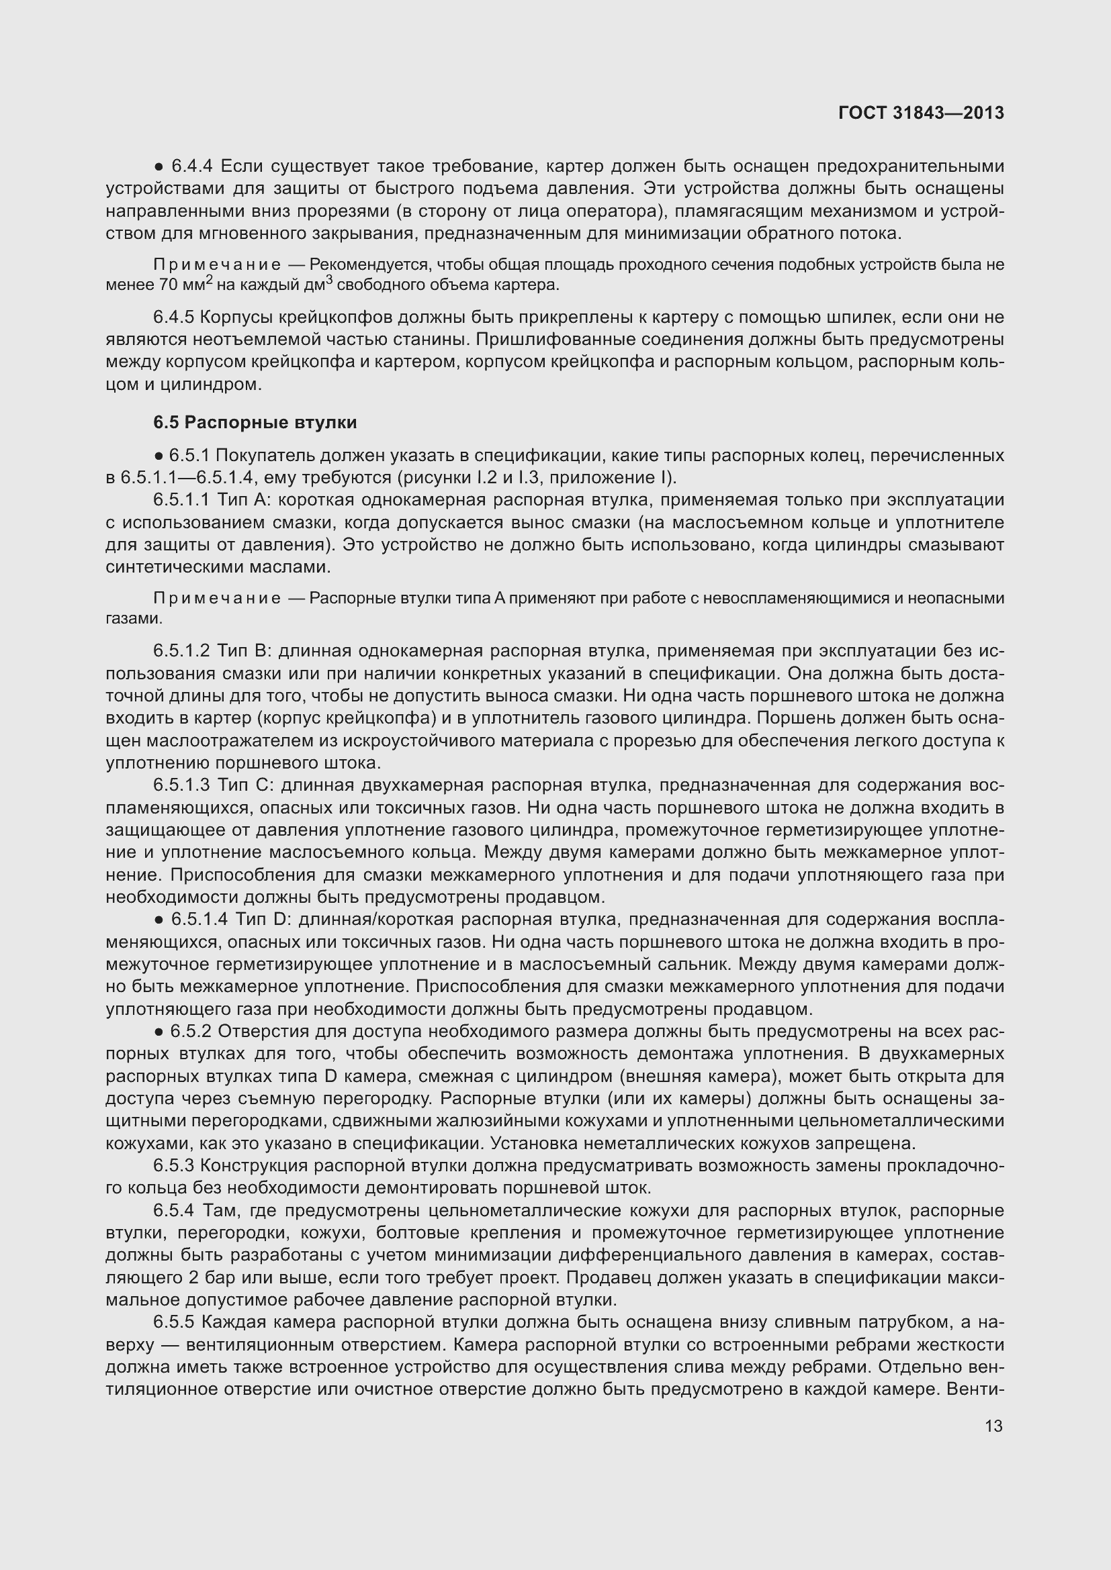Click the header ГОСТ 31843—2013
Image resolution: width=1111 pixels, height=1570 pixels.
[x=921, y=113]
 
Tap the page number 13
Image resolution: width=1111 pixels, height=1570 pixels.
[x=993, y=1426]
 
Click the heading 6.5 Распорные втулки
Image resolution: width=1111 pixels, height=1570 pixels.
[x=255, y=423]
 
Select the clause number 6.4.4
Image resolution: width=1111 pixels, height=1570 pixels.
[x=191, y=166]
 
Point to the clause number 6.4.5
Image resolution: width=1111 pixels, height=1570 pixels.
[x=174, y=317]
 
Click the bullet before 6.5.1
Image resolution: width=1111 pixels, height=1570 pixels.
[x=158, y=456]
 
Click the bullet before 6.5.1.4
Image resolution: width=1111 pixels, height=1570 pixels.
[x=158, y=920]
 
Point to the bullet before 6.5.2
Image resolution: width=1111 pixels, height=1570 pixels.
[x=158, y=1032]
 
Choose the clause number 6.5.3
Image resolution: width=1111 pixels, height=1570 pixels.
[x=174, y=1165]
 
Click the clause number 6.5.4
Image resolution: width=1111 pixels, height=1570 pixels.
[x=174, y=1210]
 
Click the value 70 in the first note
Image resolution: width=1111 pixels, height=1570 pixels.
[x=169, y=285]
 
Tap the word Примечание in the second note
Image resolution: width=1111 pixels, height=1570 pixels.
[x=217, y=598]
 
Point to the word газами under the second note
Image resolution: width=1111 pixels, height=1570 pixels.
[x=134, y=619]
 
